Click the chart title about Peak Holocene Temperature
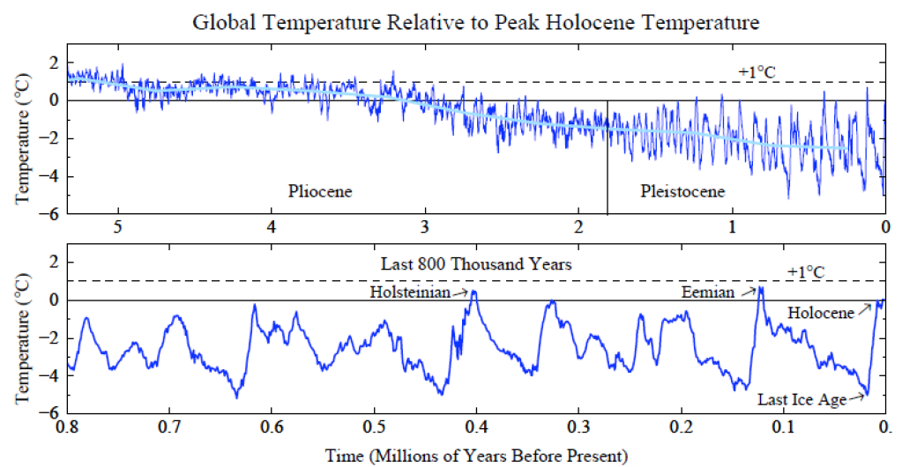pos(476,20)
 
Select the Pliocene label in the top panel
pos(319,190)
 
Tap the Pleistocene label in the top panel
pos(682,190)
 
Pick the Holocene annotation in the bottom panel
pos(820,312)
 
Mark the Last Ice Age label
pos(801,399)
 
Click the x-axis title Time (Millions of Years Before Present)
pos(476,455)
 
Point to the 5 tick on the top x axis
pos(117,226)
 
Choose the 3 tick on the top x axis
pos(425,226)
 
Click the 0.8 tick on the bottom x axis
pos(67,426)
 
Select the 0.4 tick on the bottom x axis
pos(477,426)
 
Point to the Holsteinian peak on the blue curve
pos(474,292)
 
